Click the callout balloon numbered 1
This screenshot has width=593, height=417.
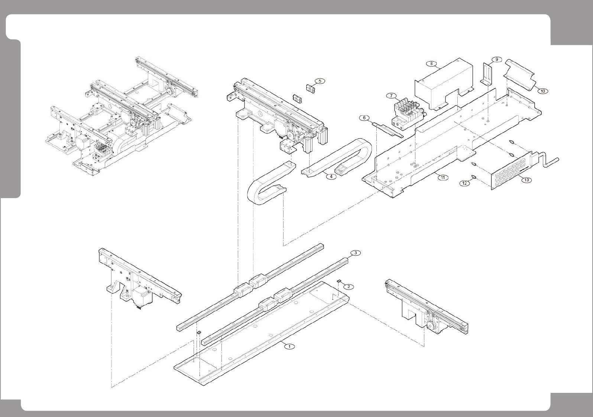(x=289, y=346)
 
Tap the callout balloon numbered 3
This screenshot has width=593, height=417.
(x=355, y=253)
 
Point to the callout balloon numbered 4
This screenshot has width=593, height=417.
(x=331, y=177)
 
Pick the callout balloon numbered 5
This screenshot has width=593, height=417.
(x=320, y=81)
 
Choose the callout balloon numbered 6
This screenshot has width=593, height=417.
(x=364, y=118)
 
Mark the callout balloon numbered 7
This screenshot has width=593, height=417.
(x=391, y=96)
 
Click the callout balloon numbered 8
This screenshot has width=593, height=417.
(x=431, y=63)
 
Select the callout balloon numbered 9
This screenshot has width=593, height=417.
(x=496, y=59)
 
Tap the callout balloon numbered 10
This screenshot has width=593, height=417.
(x=542, y=91)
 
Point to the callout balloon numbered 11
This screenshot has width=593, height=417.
(x=443, y=177)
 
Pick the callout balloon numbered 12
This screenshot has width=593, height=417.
(x=465, y=183)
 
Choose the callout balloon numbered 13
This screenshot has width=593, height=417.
(x=526, y=180)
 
